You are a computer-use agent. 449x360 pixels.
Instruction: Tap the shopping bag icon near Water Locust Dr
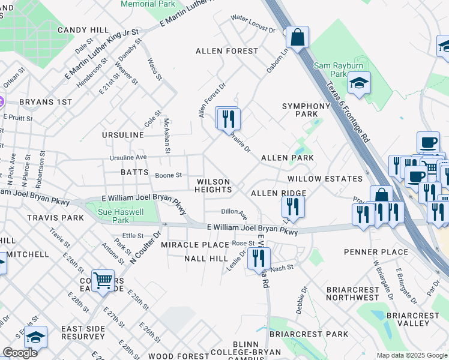click(297, 38)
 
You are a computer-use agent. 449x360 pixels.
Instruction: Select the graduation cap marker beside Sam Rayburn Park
click(359, 83)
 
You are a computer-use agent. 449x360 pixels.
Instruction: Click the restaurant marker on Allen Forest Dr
click(228, 118)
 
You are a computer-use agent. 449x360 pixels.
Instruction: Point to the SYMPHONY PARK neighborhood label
click(306, 110)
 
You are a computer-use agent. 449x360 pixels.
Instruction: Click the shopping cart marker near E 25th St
click(103, 281)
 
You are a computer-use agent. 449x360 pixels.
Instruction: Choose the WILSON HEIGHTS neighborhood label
click(213, 185)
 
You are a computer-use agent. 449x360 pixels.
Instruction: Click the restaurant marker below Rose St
click(259, 259)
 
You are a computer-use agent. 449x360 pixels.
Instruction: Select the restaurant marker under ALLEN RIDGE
click(293, 207)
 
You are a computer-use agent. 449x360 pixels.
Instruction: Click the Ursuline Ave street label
click(128, 157)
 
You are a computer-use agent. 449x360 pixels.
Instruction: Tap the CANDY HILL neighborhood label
click(83, 29)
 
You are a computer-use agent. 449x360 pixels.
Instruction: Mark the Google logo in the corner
click(20, 353)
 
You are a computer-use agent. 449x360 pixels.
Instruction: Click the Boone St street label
click(168, 175)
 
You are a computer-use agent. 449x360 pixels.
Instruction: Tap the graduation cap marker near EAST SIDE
click(35, 337)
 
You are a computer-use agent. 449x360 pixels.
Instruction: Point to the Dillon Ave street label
click(234, 212)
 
